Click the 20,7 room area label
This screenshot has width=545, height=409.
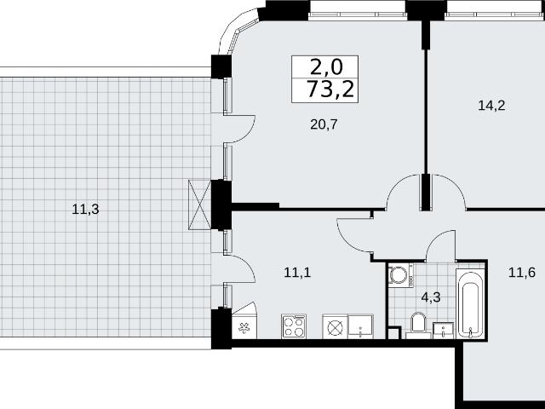coord(324,124)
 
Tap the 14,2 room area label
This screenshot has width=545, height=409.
coord(491,105)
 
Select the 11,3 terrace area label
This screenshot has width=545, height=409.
coord(85,210)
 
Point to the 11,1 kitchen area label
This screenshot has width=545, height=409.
coord(297,273)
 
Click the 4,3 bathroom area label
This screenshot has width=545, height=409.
coord(431,297)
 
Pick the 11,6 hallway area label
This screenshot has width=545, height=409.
coord(522,273)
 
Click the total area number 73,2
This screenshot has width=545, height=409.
coord(330,89)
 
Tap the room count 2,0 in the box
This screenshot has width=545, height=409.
coord(326,67)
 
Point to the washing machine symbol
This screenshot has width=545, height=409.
coord(401,275)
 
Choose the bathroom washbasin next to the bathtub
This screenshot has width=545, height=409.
coord(443,331)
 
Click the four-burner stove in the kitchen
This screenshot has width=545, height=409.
coord(294,326)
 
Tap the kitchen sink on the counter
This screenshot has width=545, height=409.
coord(361,326)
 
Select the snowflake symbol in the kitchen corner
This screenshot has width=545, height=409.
coord(244,327)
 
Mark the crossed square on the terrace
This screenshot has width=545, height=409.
coord(199,204)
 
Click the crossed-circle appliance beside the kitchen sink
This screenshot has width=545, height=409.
coord(335,326)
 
